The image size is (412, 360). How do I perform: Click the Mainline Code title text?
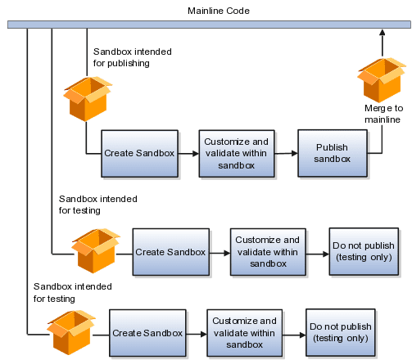click(219, 11)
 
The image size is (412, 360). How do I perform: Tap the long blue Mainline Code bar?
click(209, 25)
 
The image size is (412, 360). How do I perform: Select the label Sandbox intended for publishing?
click(133, 57)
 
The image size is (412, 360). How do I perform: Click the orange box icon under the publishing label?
click(88, 99)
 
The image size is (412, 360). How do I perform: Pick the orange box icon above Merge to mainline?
click(382, 79)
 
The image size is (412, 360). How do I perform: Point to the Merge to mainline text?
click(383, 114)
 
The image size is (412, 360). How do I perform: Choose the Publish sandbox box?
click(333, 153)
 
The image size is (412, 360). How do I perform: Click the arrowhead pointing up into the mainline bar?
click(383, 32)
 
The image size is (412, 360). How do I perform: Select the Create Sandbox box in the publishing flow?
click(139, 154)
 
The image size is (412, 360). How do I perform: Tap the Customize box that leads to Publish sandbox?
click(237, 154)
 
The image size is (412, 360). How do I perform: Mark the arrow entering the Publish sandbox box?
click(286, 154)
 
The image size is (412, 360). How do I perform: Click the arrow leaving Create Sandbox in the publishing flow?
click(188, 154)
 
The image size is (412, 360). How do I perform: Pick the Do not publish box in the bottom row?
click(341, 332)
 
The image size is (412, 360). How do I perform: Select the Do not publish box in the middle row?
click(364, 251)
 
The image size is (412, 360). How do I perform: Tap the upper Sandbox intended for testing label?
click(98, 205)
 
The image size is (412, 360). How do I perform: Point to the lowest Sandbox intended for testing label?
click(73, 292)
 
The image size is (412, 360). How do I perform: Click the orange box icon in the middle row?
click(96, 250)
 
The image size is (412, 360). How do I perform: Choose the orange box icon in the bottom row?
click(71, 332)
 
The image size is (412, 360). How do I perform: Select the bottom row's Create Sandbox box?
click(147, 333)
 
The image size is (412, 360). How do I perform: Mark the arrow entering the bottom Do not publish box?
click(294, 335)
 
